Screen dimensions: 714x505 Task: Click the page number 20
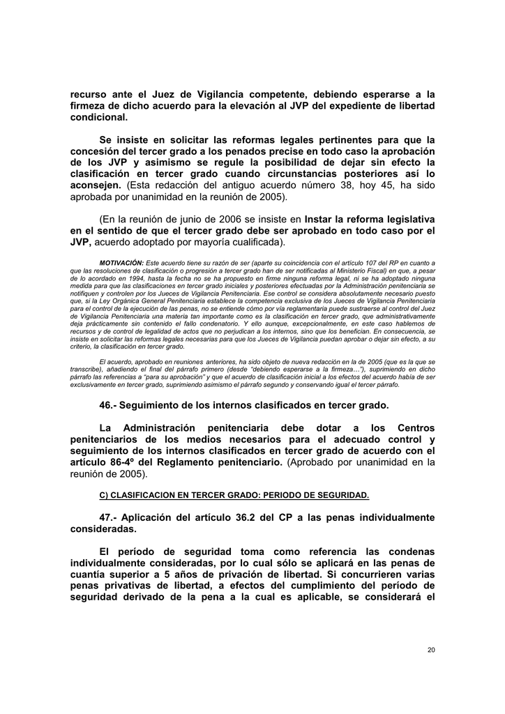(x=430, y=650)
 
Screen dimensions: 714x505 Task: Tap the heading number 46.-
(x=110, y=405)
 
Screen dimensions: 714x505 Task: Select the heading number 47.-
(x=110, y=517)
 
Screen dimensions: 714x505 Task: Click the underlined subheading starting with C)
(x=234, y=496)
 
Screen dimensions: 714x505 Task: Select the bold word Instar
(x=323, y=219)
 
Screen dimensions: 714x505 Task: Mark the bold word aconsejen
(x=96, y=185)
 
